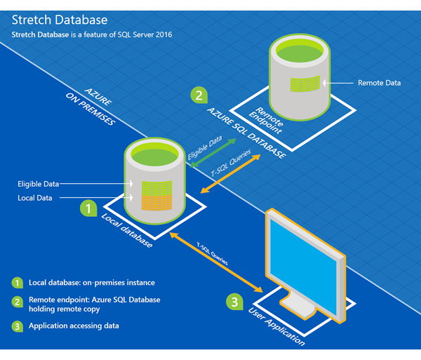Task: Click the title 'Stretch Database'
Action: (x=60, y=20)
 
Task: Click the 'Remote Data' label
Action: (x=379, y=83)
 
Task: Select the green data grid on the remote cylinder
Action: (x=305, y=84)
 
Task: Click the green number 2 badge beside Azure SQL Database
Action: (x=199, y=95)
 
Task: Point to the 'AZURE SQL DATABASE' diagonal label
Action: (x=247, y=133)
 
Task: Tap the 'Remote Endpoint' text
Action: (x=266, y=120)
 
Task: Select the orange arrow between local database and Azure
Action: (x=230, y=174)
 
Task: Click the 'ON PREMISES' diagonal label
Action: (x=91, y=109)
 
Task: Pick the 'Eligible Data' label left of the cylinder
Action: (x=38, y=184)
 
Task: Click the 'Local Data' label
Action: (x=35, y=198)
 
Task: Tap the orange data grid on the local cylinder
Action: (x=156, y=203)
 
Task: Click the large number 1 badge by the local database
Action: (x=88, y=208)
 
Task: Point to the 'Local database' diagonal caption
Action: (x=127, y=230)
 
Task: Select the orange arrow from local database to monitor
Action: (x=216, y=262)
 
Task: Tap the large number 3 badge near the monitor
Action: (x=234, y=302)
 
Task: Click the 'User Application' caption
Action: (x=276, y=326)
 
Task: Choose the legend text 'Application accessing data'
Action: (x=74, y=326)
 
